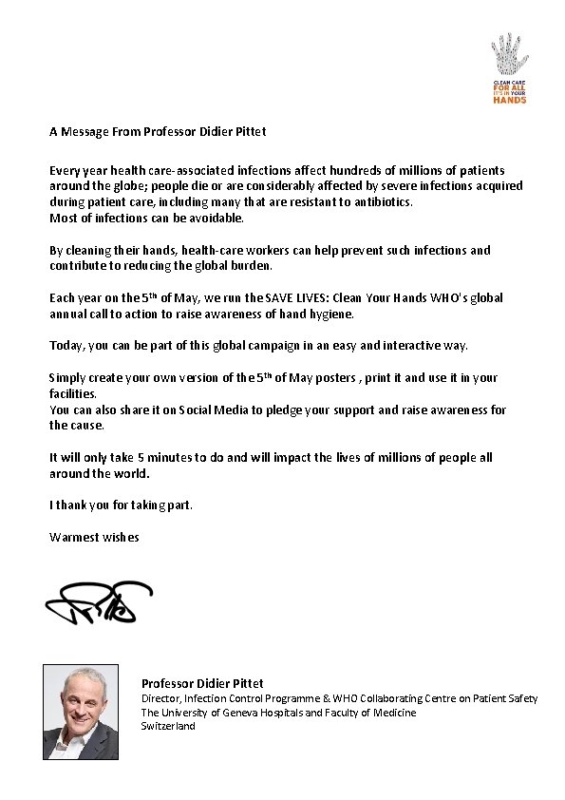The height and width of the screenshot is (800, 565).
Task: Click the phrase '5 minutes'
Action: coord(179,457)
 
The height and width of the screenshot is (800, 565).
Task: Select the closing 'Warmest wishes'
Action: coord(94,537)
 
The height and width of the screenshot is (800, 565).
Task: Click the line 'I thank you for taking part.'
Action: coord(121,505)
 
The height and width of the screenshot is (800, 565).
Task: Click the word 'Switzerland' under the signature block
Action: coord(168,725)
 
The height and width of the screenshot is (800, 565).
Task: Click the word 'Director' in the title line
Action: coord(161,698)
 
